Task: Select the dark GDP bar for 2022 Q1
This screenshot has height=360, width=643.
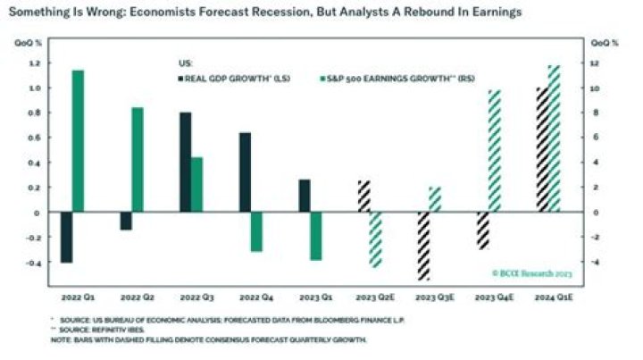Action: (66, 238)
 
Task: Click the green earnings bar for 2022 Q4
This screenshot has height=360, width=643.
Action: (256, 232)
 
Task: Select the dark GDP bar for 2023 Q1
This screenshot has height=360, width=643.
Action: (304, 197)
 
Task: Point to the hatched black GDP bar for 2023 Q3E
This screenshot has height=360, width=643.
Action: (423, 246)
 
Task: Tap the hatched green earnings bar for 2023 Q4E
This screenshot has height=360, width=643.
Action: (495, 152)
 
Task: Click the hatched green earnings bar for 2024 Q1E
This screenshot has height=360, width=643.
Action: (554, 138)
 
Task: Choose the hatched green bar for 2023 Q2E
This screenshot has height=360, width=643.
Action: (375, 239)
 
